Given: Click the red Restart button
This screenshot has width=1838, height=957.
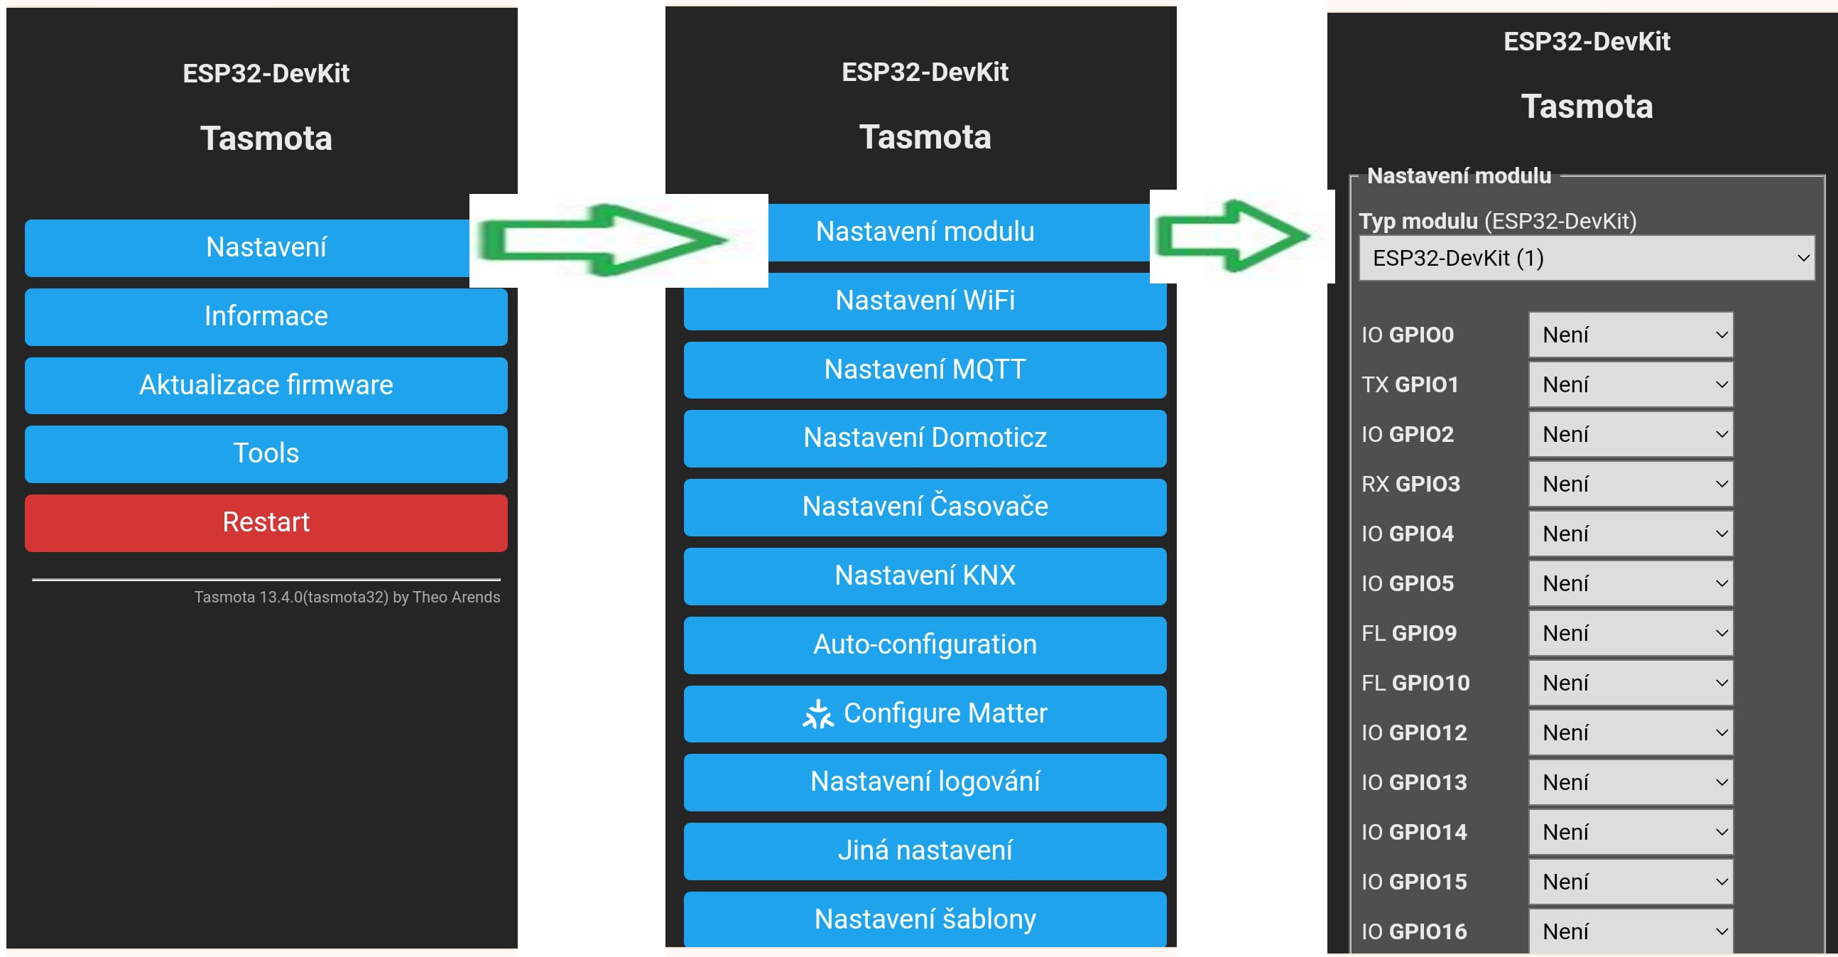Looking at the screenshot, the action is pos(266,522).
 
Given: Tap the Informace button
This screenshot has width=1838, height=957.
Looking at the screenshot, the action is pos(266,316).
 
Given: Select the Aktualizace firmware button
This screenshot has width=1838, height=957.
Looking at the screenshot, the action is pos(266,385).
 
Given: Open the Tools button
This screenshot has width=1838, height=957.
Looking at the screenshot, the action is pos(266,454).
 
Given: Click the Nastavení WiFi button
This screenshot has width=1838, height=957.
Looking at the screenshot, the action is pos(925,301).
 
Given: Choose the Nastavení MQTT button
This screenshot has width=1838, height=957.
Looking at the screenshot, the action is pos(925,369).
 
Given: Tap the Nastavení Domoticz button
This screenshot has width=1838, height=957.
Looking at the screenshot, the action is pos(925,438).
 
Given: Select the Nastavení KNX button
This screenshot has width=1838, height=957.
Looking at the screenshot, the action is pos(925,576).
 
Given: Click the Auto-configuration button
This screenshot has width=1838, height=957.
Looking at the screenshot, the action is pos(925,645).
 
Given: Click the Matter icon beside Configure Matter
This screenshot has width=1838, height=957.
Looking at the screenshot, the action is pos(817,713).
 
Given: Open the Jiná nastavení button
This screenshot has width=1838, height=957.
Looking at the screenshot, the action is pos(925,850).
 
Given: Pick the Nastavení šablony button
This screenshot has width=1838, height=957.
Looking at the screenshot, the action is pos(925,919).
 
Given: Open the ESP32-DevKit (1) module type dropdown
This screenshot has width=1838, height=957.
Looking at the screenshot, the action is pos(1586,258).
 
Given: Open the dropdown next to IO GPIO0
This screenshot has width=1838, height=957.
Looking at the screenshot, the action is pos(1631,335).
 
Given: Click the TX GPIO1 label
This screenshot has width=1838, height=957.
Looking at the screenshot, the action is pos(1410,384).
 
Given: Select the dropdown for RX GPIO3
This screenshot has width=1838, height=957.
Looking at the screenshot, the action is pos(1631,484).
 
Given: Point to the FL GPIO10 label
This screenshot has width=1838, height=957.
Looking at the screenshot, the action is pos(1415,683).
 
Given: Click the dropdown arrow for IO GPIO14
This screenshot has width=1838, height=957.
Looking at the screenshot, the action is pos(1722,832).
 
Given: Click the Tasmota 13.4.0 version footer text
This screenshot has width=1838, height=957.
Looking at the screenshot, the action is pos(347,597).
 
